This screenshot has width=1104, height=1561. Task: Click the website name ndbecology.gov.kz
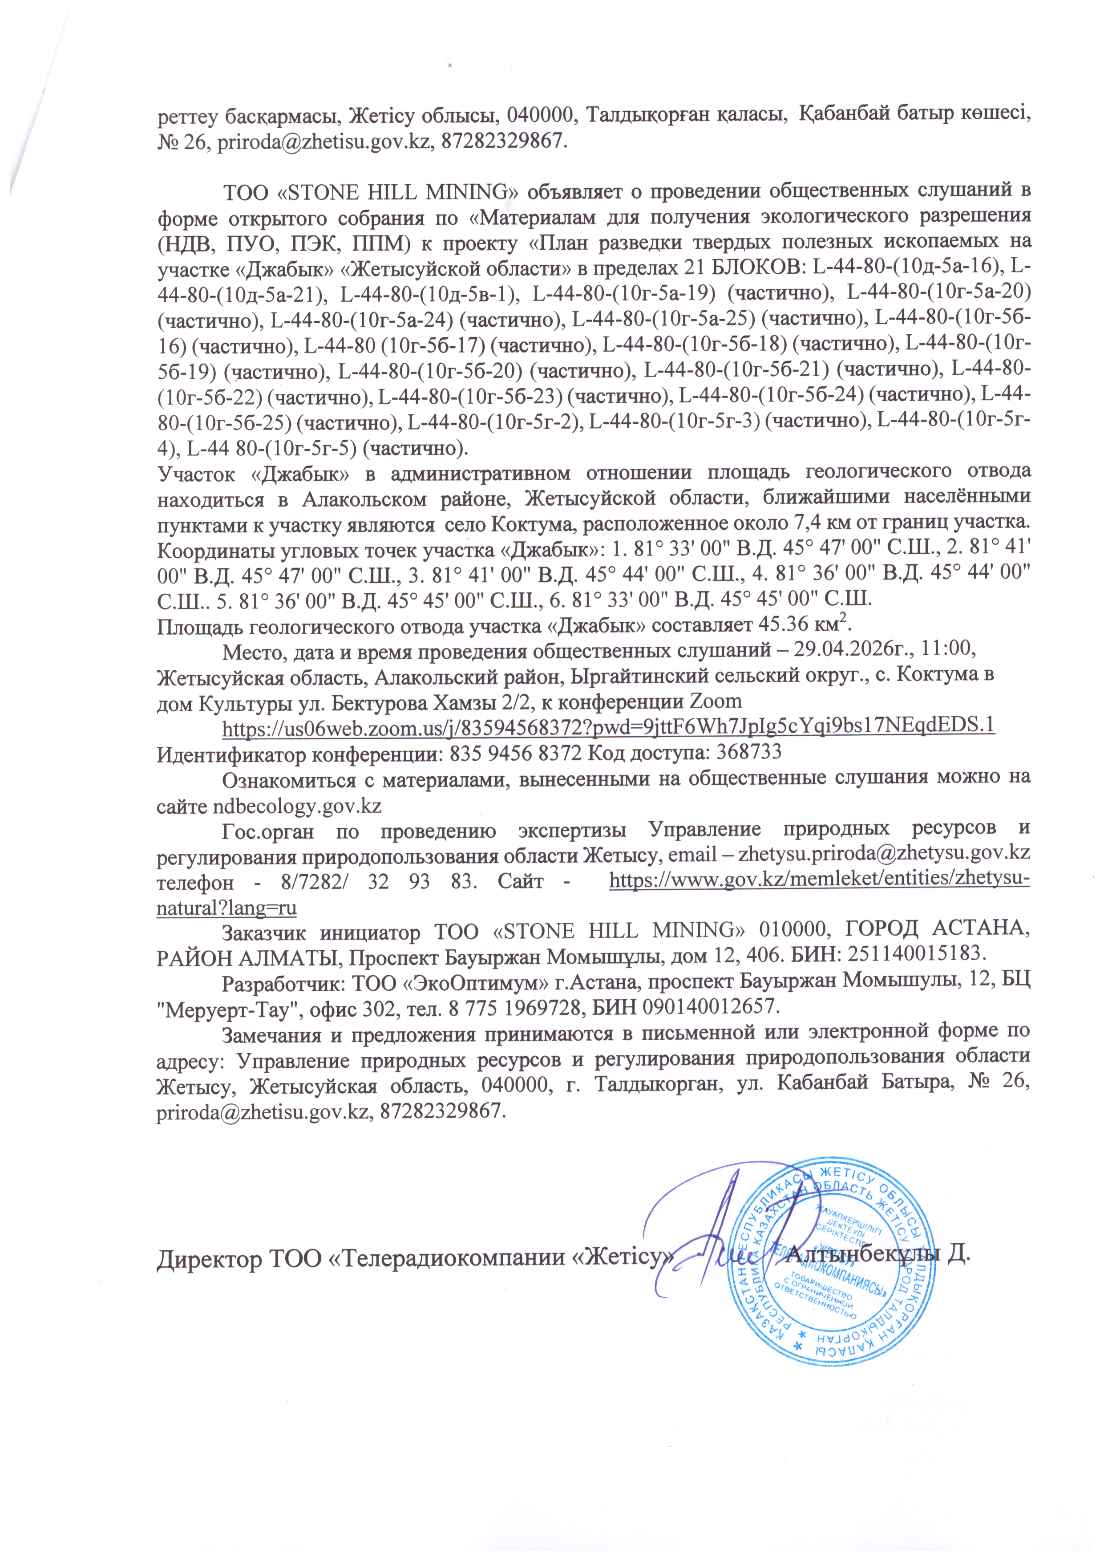[x=297, y=807]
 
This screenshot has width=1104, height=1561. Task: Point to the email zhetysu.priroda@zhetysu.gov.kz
[x=884, y=852]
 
